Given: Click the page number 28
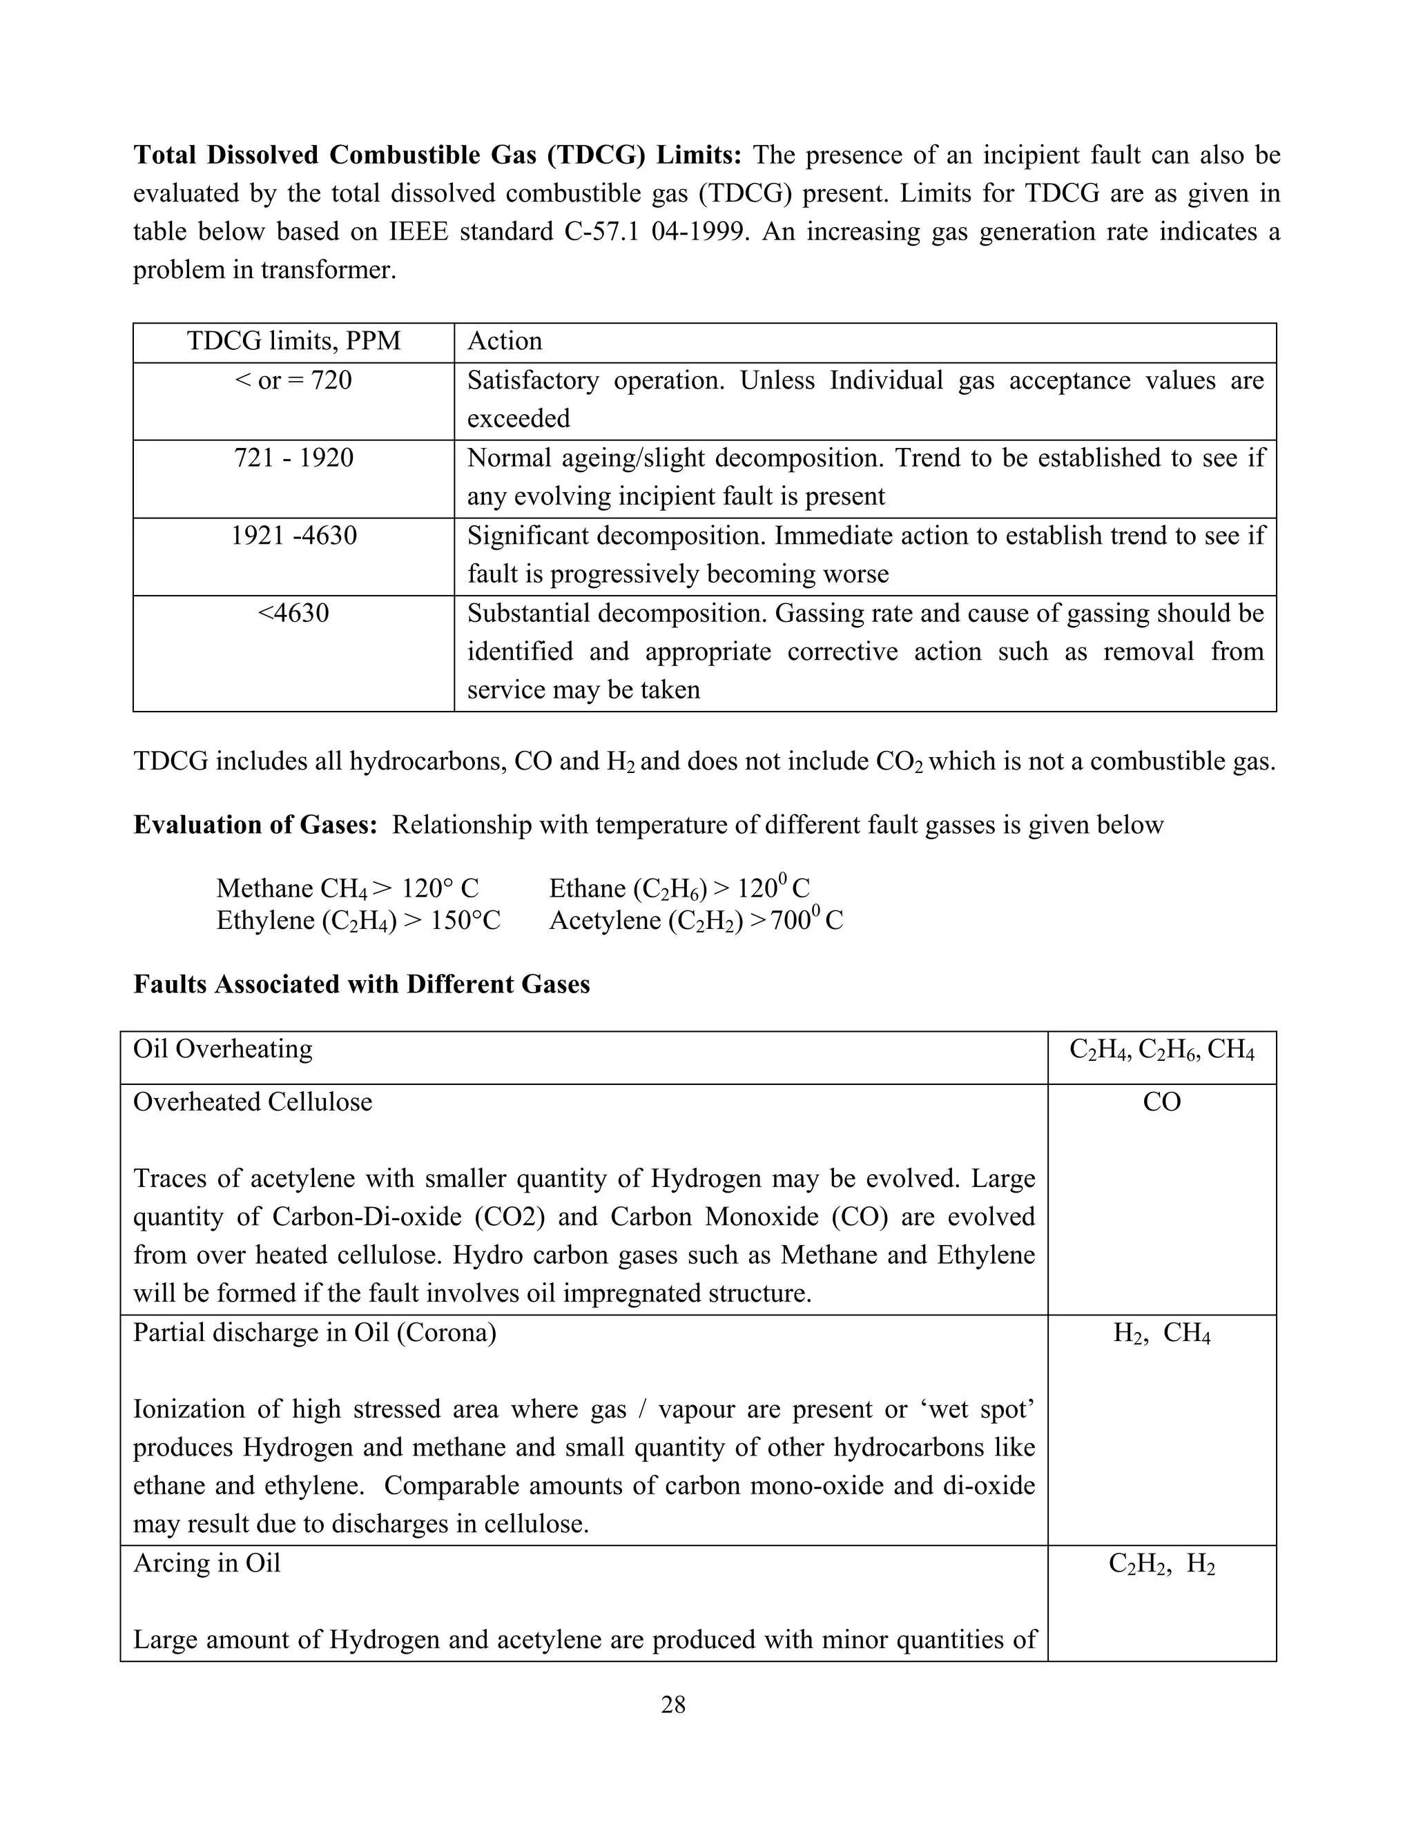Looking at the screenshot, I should click(x=672, y=1704).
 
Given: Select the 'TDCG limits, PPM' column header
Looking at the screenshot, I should click(x=293, y=341).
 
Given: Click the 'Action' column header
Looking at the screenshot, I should click(x=504, y=341).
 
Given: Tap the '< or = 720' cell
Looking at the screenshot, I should click(x=293, y=381).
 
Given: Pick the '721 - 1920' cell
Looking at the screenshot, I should click(x=293, y=458).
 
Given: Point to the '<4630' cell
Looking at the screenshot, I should click(x=293, y=613).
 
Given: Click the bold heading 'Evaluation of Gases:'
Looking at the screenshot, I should click(x=255, y=825).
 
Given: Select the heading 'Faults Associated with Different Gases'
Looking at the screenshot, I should click(x=361, y=984).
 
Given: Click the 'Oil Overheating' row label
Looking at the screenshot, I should click(x=223, y=1049).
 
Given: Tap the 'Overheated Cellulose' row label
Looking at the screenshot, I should click(x=252, y=1102).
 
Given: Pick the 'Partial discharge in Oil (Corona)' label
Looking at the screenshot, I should click(x=314, y=1332).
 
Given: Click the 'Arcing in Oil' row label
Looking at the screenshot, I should click(x=207, y=1563).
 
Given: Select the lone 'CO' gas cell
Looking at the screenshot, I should click(x=1161, y=1102).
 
